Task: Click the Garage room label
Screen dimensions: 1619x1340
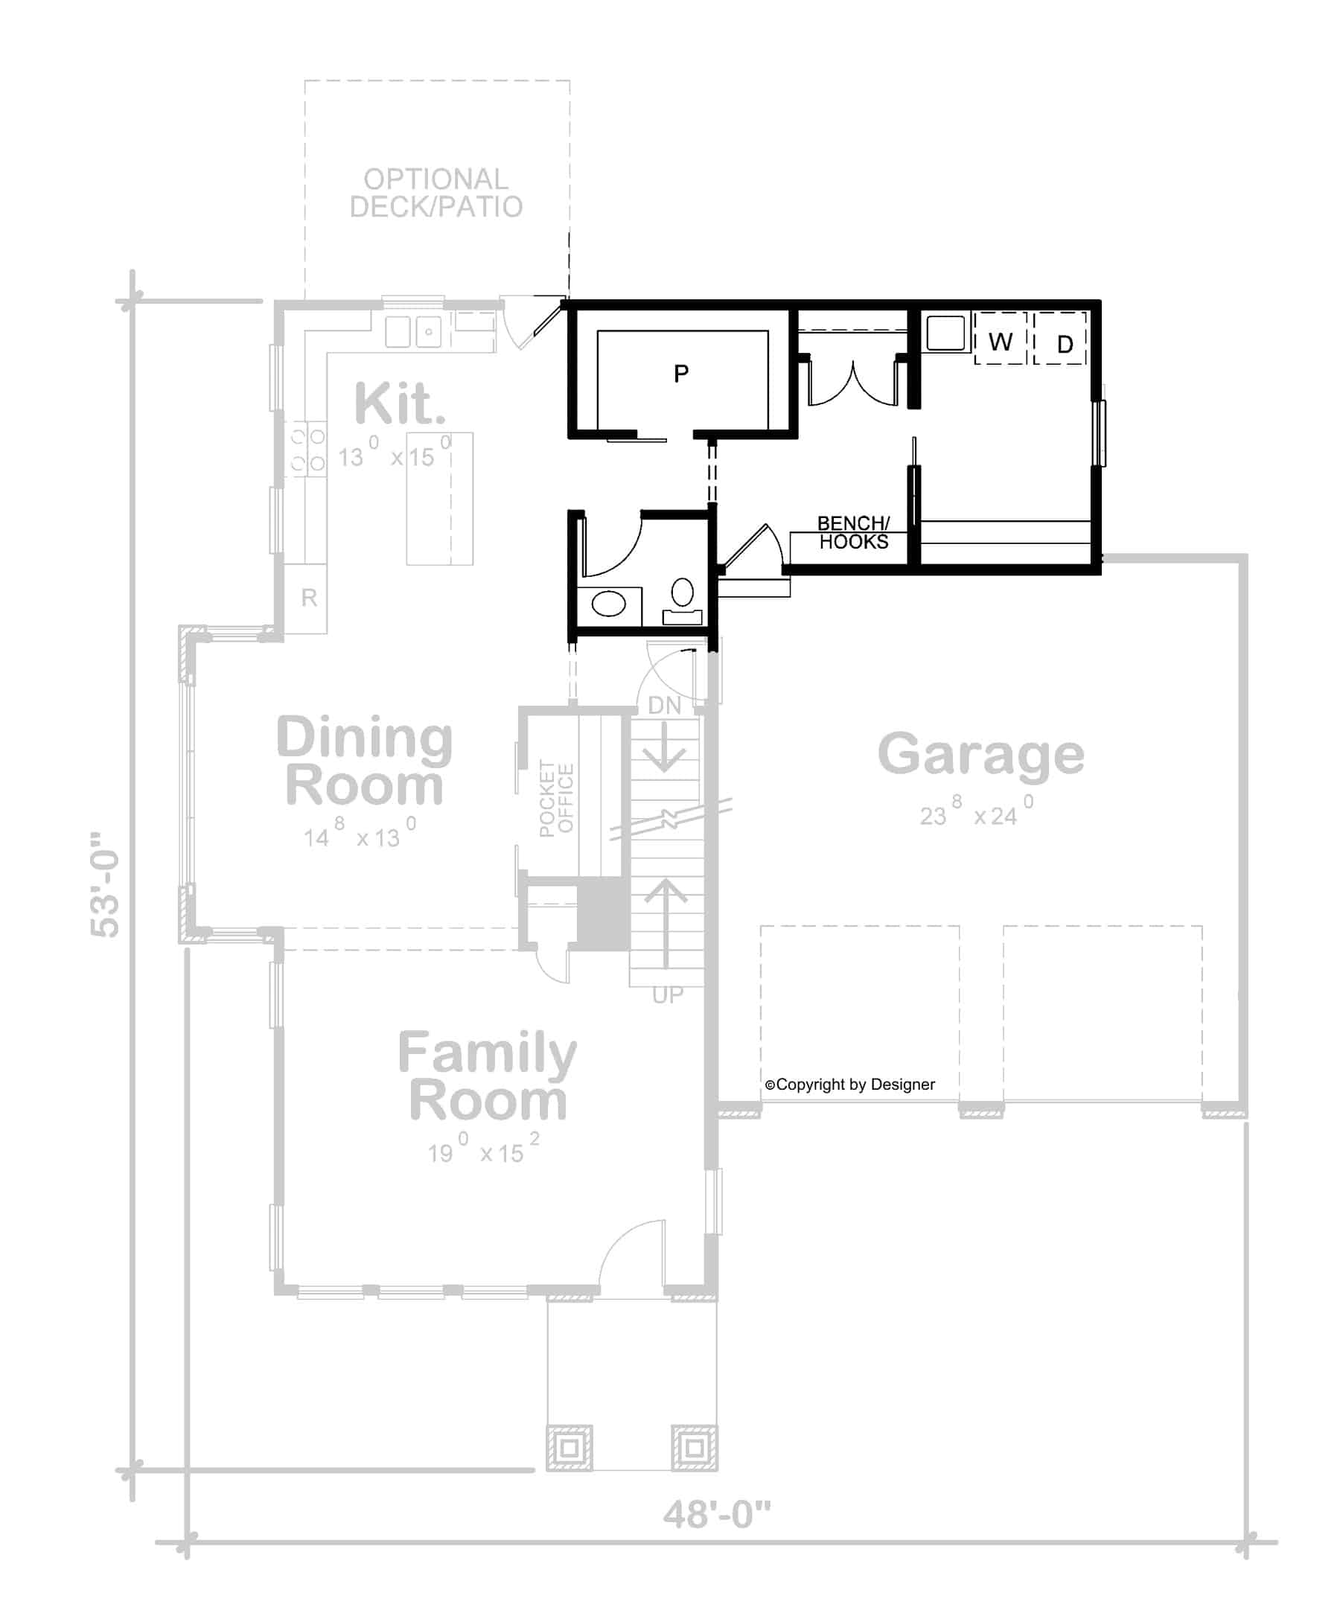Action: click(x=980, y=756)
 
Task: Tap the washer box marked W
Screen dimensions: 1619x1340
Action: click(x=999, y=339)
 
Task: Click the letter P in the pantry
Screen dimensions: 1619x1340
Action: click(x=680, y=374)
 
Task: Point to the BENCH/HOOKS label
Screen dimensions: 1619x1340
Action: click(x=852, y=533)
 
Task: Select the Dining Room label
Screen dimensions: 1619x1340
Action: click(x=364, y=761)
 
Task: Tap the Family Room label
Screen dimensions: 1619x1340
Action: click(x=488, y=1077)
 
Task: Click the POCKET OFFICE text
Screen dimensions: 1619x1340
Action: click(x=557, y=798)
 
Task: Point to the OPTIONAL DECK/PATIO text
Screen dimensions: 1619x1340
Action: click(x=436, y=194)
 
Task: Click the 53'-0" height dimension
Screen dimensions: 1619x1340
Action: click(x=106, y=884)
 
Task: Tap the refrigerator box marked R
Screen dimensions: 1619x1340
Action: click(x=309, y=598)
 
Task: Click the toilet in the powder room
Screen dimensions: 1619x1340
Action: click(x=683, y=600)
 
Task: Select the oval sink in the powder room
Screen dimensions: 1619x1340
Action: click(x=609, y=604)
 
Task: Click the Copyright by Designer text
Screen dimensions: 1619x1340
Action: click(x=849, y=1085)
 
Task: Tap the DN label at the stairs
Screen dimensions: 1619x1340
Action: click(x=664, y=706)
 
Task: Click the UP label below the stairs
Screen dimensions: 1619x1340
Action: click(x=667, y=995)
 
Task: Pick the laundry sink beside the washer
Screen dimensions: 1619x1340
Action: click(x=945, y=332)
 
